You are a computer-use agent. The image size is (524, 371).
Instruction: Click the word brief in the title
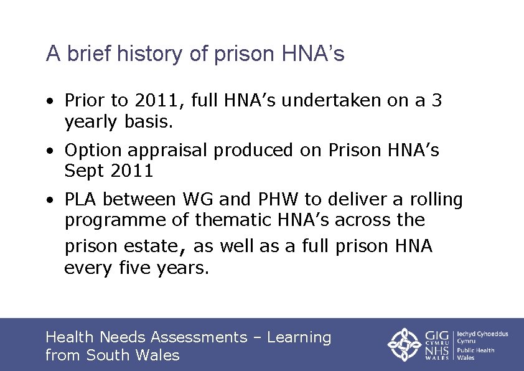(x=85, y=54)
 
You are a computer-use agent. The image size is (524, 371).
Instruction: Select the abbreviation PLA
(x=82, y=199)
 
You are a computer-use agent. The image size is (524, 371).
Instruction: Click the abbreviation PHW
(x=276, y=199)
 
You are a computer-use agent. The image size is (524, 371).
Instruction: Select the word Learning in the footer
(x=299, y=337)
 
